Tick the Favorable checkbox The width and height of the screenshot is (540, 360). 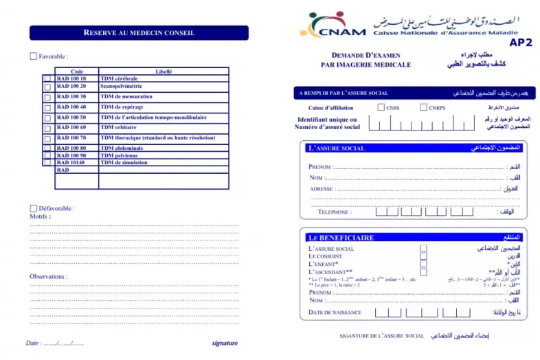tap(34, 56)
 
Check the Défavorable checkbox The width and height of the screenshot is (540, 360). tap(34, 208)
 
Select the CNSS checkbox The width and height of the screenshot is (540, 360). tap(381, 107)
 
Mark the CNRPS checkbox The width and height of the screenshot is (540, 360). tap(423, 107)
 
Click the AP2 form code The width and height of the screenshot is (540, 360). tap(520, 43)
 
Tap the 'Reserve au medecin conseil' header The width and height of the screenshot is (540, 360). tap(139, 32)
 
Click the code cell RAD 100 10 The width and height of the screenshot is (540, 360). tap(72, 78)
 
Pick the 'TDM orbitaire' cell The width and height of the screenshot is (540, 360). tap(119, 127)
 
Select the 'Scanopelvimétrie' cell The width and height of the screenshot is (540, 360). tap(122, 86)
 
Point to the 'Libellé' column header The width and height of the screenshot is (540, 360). tap(164, 71)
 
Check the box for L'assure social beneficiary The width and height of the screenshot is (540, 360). tap(423, 248)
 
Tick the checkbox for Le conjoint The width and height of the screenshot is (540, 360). tap(423, 256)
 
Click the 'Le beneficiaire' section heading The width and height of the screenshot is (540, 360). tap(341, 238)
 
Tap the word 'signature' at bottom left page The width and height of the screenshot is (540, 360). tap(225, 342)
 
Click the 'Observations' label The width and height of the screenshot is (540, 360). tap(48, 276)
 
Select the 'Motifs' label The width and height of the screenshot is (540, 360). tap(40, 216)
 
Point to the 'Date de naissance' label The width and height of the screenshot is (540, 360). tap(335, 313)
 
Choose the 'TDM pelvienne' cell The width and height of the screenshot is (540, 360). tap(120, 155)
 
